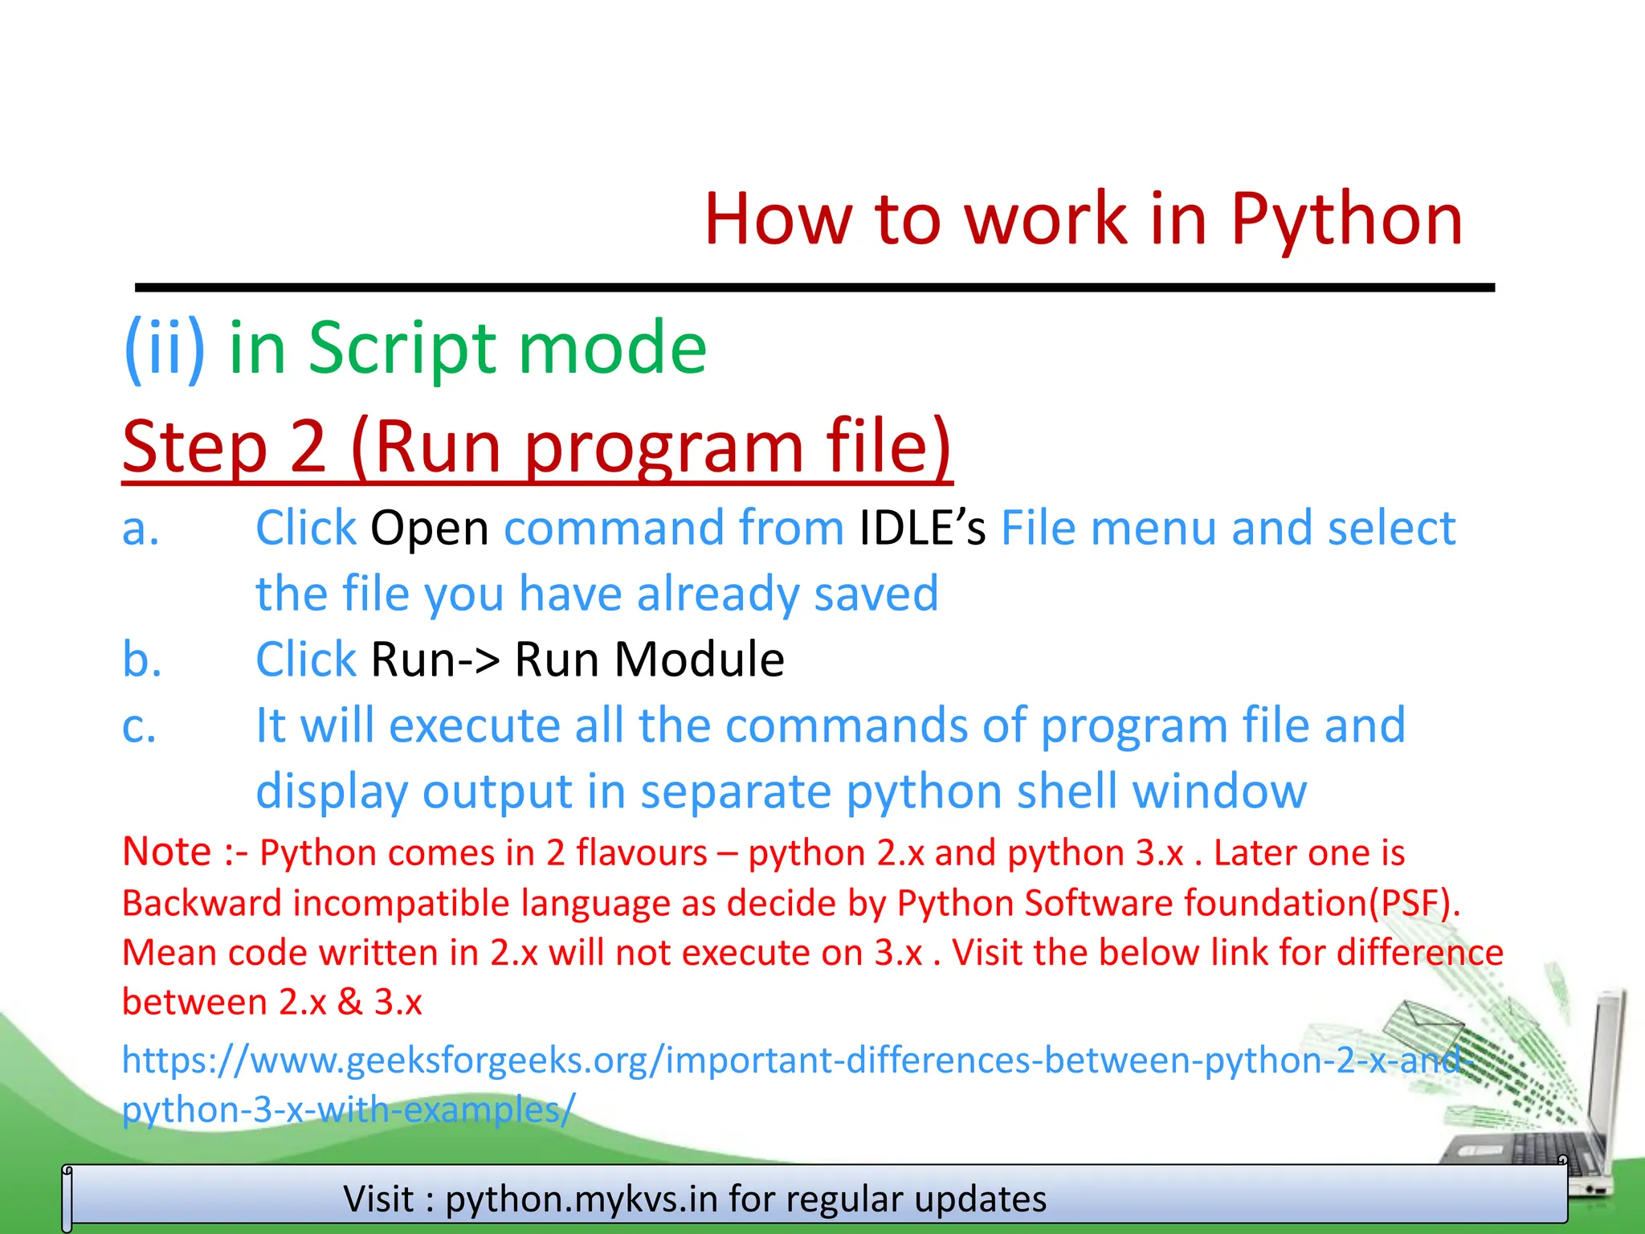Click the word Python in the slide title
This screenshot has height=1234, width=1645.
point(1346,219)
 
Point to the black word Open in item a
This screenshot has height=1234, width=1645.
point(429,529)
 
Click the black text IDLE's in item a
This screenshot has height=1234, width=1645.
point(922,529)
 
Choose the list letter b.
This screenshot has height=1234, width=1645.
point(142,660)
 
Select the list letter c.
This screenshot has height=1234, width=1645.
point(139,726)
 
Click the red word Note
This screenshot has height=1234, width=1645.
point(166,852)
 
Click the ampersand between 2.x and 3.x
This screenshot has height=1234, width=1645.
point(350,1003)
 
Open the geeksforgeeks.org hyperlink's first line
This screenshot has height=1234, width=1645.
point(795,1060)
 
